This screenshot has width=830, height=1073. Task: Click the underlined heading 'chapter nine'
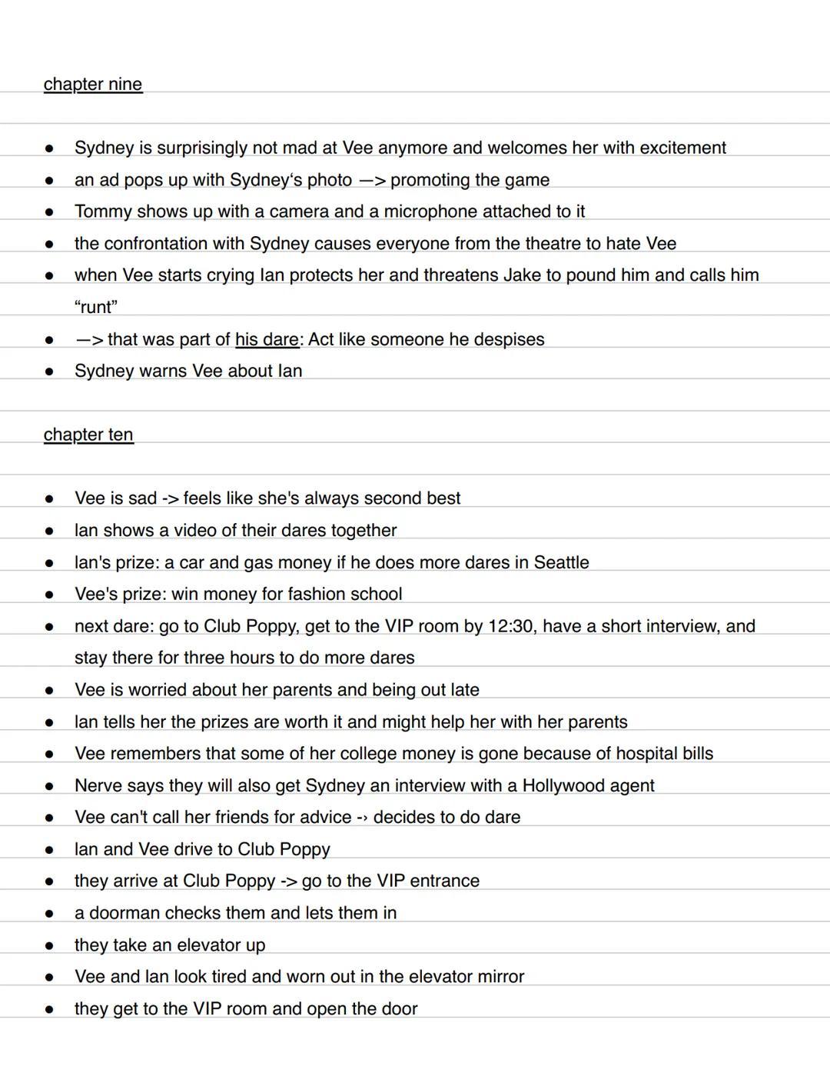pos(93,84)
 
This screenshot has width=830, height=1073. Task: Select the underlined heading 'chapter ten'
pos(88,435)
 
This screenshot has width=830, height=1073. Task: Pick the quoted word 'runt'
pos(96,307)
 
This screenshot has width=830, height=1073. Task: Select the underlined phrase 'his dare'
pos(267,339)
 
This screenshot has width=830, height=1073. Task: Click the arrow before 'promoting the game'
pos(371,180)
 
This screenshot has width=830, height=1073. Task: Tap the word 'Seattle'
pos(561,562)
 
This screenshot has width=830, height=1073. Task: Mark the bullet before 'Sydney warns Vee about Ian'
pos(49,372)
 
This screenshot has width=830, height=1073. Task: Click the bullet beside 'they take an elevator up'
pos(49,945)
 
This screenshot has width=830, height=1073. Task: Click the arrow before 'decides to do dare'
pos(362,818)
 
